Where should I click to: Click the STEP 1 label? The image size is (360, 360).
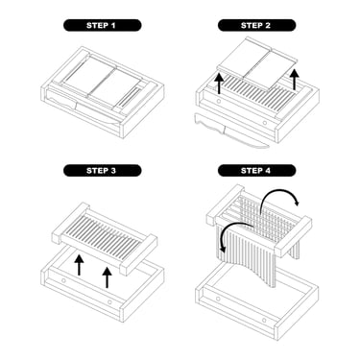click(x=102, y=25)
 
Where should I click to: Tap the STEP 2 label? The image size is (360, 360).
click(x=256, y=25)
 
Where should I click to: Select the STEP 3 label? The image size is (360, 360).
click(x=102, y=171)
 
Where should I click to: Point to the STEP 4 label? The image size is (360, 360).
click(x=256, y=171)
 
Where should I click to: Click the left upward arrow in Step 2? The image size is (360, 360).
click(x=219, y=84)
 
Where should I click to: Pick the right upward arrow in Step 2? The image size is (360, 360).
click(x=295, y=80)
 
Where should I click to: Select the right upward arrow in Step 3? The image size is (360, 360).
click(x=107, y=277)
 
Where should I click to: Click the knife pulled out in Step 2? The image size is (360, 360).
click(x=231, y=132)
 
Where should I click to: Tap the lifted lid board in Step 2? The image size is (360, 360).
click(x=257, y=62)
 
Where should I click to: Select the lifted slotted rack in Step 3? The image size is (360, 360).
click(x=105, y=238)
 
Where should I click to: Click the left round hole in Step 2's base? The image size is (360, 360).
click(x=219, y=101)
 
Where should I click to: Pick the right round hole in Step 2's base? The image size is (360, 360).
click(x=265, y=123)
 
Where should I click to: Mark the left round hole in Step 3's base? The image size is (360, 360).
click(x=64, y=280)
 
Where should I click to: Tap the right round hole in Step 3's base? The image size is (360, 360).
click(x=110, y=302)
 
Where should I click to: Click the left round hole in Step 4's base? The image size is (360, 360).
click(x=219, y=300)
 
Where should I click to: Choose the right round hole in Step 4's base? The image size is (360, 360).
click(x=265, y=321)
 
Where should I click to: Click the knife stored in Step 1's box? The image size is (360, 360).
click(x=84, y=107)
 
